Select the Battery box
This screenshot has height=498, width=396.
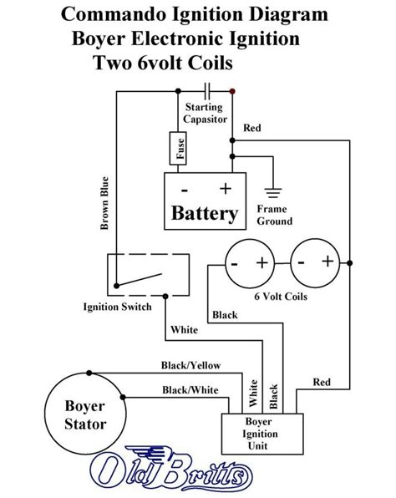click(204, 201)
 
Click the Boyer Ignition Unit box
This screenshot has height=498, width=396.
click(264, 433)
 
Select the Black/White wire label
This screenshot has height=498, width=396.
click(191, 389)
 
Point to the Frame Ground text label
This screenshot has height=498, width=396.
click(274, 215)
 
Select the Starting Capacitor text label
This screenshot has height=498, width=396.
click(204, 112)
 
